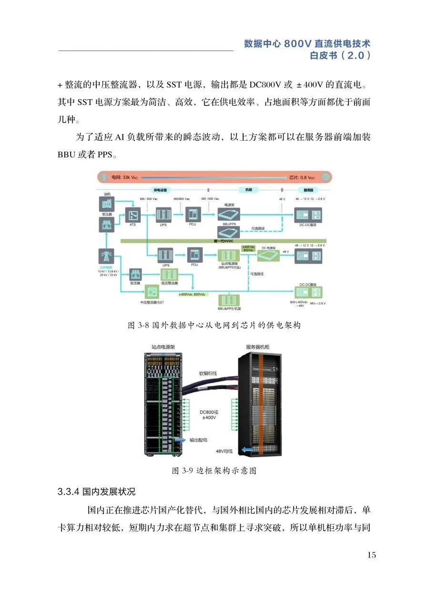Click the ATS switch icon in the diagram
click(132, 214)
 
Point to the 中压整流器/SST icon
click(152, 290)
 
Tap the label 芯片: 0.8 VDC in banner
click(302, 177)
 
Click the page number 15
click(372, 555)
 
